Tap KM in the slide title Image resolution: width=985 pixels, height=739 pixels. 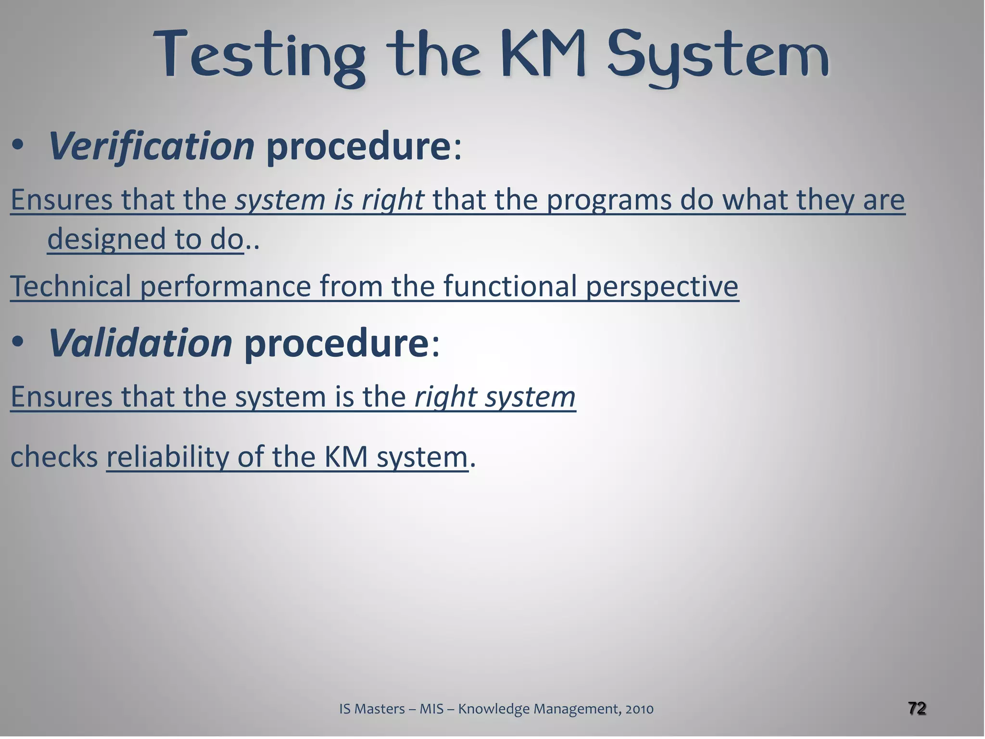pyautogui.click(x=543, y=54)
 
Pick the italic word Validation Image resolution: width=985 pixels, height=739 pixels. pyautogui.click(x=140, y=343)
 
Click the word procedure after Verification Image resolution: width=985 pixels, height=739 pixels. pyautogui.click(x=358, y=147)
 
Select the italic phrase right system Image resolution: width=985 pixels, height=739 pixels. pyautogui.click(x=495, y=397)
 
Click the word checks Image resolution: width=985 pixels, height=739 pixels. pyautogui.click(x=54, y=457)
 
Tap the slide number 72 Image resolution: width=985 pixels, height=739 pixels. pyautogui.click(x=917, y=708)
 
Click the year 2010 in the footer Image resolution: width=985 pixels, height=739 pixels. pyautogui.click(x=639, y=709)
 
